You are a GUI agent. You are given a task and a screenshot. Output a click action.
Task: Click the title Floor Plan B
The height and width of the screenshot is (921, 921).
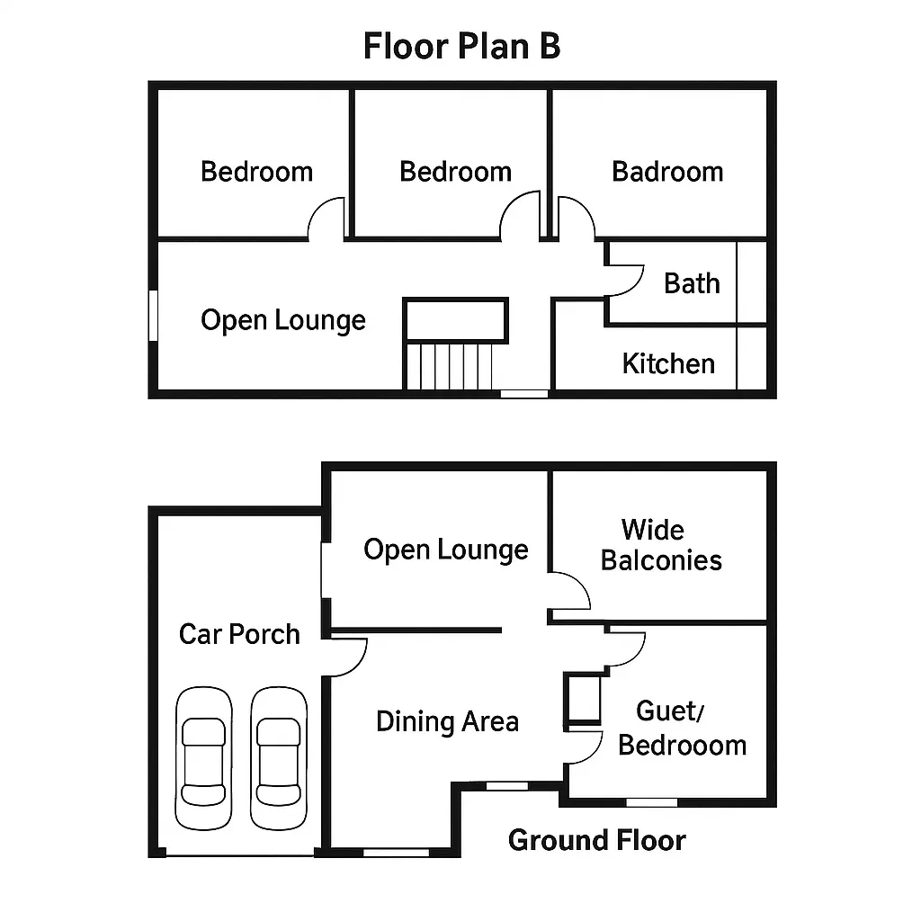tap(461, 47)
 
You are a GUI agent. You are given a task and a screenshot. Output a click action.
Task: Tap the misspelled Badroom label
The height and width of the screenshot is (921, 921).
tap(667, 172)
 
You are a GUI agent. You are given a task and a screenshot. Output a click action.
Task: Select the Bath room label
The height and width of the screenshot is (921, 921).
tap(692, 283)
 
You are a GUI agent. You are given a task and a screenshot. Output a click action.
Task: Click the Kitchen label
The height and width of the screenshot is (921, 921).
tap(668, 363)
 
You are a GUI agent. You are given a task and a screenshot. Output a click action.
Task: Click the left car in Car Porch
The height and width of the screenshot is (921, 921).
tap(204, 758)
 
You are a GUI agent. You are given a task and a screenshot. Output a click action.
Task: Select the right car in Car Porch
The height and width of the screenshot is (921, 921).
tap(279, 758)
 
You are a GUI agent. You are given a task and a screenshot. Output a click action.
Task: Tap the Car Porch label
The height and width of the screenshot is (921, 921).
tap(239, 634)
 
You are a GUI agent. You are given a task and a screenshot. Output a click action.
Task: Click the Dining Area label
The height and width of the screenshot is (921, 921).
tap(448, 722)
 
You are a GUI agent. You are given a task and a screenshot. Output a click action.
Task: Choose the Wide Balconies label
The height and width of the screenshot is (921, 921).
tap(661, 545)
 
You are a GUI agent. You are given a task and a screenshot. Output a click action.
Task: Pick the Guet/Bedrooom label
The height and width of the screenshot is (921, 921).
tap(682, 729)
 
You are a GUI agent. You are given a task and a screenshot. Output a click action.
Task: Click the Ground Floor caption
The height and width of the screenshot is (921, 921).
tap(597, 841)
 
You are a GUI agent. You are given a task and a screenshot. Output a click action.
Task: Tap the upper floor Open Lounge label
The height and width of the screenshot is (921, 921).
tap(283, 321)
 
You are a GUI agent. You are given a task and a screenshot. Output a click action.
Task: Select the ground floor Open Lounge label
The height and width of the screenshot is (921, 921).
tap(446, 550)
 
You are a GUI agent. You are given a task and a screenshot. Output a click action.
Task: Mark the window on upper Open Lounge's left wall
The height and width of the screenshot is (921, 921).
tap(153, 316)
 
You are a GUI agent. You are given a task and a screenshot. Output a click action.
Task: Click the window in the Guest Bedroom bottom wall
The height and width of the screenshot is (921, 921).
tap(651, 802)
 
